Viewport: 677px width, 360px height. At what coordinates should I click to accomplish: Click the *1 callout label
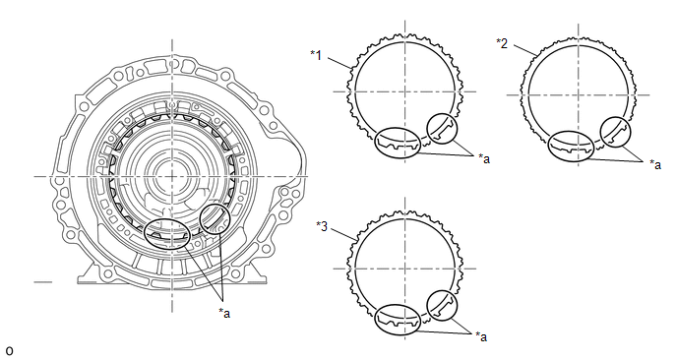[316, 55]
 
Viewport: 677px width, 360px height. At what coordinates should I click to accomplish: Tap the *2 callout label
[502, 43]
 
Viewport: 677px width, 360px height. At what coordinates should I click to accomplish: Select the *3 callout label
[322, 226]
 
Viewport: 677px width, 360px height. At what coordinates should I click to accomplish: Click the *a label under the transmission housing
[224, 313]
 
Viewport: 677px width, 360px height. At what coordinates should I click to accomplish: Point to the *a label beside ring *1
[484, 158]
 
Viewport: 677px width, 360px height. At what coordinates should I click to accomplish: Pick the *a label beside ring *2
[655, 164]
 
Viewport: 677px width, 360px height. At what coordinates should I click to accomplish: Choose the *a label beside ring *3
[481, 336]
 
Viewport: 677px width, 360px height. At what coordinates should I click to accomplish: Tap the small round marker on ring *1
[442, 114]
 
